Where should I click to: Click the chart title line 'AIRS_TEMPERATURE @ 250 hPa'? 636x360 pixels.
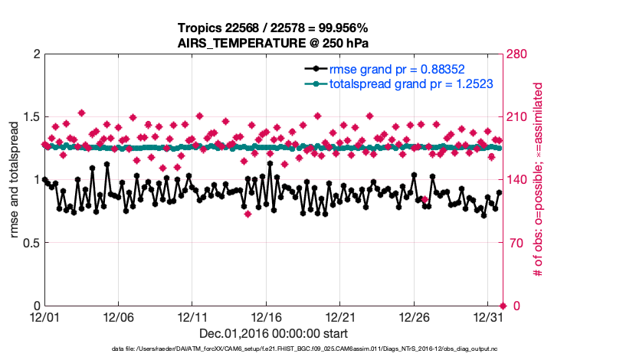(274, 43)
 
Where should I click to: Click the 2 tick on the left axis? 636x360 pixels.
(35, 54)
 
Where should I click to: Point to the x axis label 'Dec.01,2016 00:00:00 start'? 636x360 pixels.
(273, 333)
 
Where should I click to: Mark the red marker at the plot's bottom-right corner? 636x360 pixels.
(503, 306)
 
